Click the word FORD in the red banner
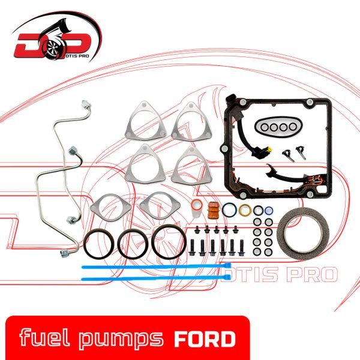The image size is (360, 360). pos(205,339)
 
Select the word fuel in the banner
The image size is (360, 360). pos(44,337)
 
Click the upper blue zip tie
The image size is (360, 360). pos(156,266)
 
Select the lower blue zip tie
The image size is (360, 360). pos(156,278)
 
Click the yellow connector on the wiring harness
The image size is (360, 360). pos(268,150)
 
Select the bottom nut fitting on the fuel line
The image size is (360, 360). pos(65,253)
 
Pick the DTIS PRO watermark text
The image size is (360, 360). pos(280,274)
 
